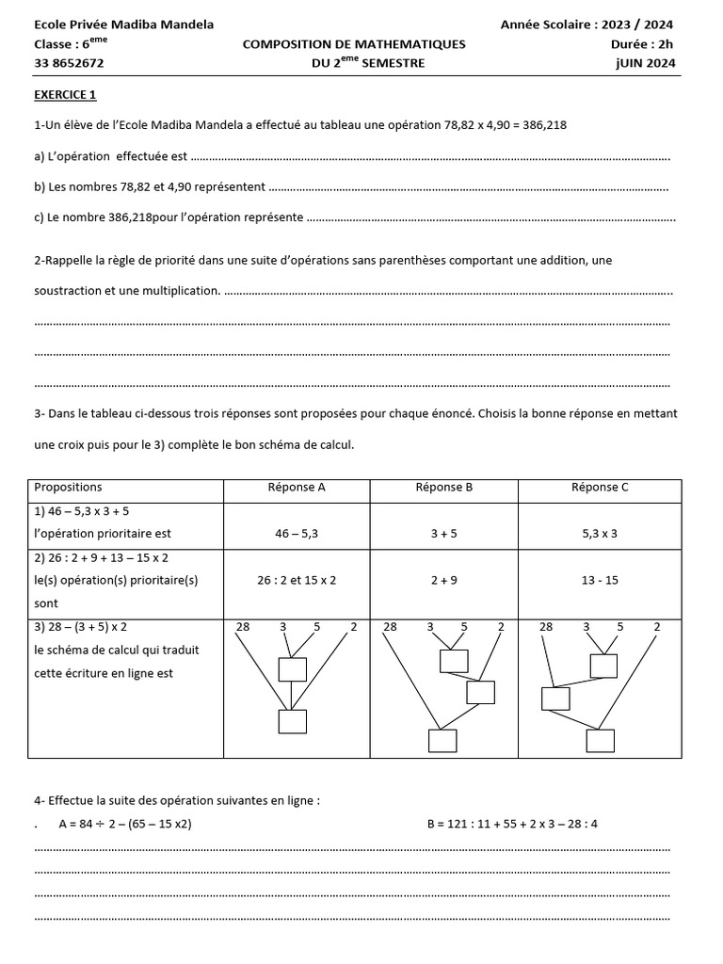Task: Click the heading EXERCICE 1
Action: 65,94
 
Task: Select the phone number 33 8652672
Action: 69,63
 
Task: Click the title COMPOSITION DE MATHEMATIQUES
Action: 354,44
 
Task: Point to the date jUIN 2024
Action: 643,63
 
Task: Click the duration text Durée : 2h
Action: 642,44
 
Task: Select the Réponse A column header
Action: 297,488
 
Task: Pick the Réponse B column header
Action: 443,488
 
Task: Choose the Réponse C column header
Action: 600,488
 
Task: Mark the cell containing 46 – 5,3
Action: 297,534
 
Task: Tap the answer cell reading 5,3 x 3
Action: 600,534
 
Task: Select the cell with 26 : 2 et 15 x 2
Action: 297,580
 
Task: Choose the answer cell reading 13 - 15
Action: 600,580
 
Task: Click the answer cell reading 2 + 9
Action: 443,580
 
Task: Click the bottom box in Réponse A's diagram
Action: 293,722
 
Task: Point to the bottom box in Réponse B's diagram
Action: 442,741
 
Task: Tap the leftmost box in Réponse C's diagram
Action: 555,699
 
